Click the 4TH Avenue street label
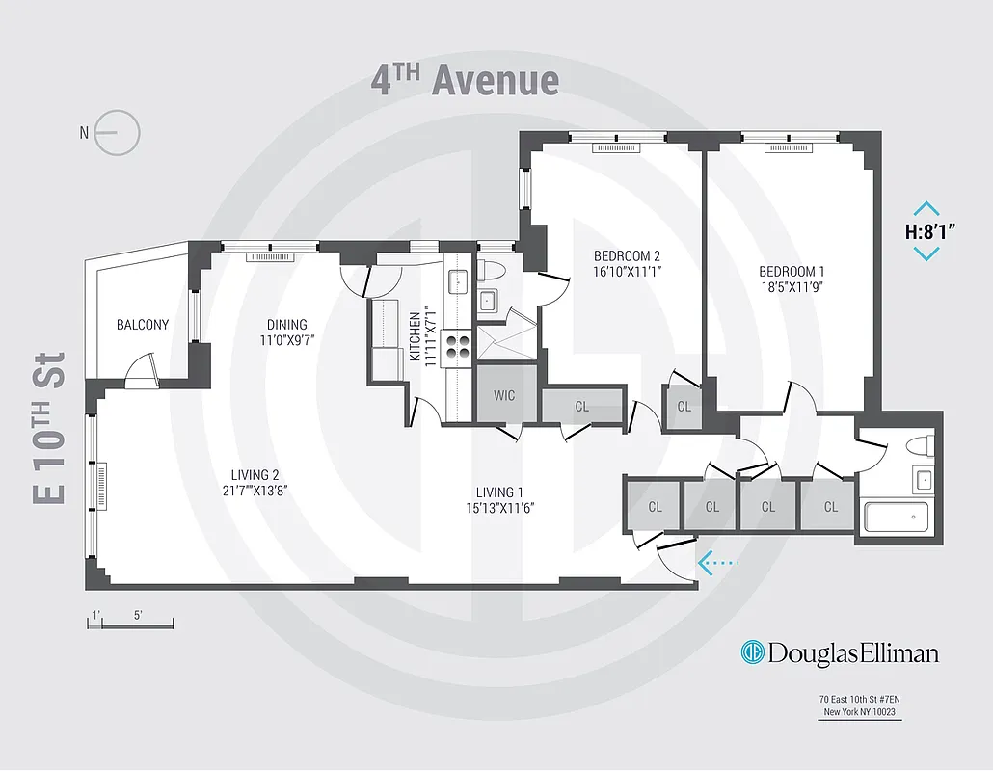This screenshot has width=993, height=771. coord(465,80)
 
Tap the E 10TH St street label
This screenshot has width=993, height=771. coord(49,427)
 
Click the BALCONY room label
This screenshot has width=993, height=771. coord(143,325)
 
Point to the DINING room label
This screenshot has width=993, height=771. coord(286,325)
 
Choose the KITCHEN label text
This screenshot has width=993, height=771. coord(416,336)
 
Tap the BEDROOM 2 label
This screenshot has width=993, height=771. coord(626,256)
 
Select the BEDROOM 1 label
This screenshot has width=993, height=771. coord(791,272)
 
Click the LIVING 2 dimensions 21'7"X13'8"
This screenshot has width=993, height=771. coord(255,490)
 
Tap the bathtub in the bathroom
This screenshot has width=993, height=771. coord(896,517)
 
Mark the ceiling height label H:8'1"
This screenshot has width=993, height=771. coord(926,231)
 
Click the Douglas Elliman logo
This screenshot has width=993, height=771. coord(839,652)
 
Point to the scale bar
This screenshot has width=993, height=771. coord(130,625)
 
